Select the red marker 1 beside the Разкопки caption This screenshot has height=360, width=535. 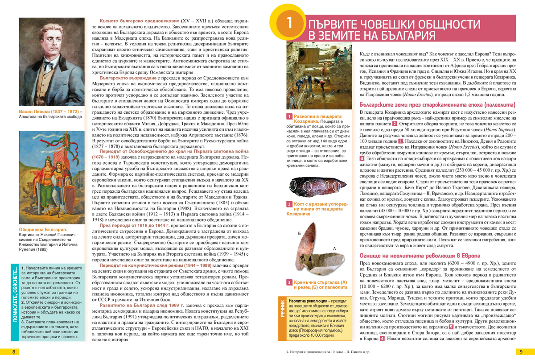(x=289, y=116)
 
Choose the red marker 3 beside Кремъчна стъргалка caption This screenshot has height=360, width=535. (x=289, y=282)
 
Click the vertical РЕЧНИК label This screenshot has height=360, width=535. (x=283, y=308)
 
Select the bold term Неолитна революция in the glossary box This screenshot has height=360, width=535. (x=309, y=302)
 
